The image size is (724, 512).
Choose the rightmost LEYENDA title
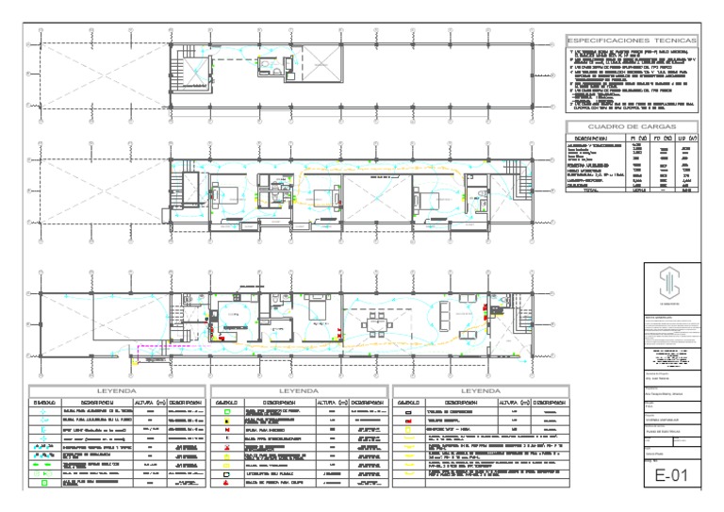(479, 389)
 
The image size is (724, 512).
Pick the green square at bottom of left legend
(44, 481)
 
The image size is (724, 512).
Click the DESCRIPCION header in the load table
(599, 139)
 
